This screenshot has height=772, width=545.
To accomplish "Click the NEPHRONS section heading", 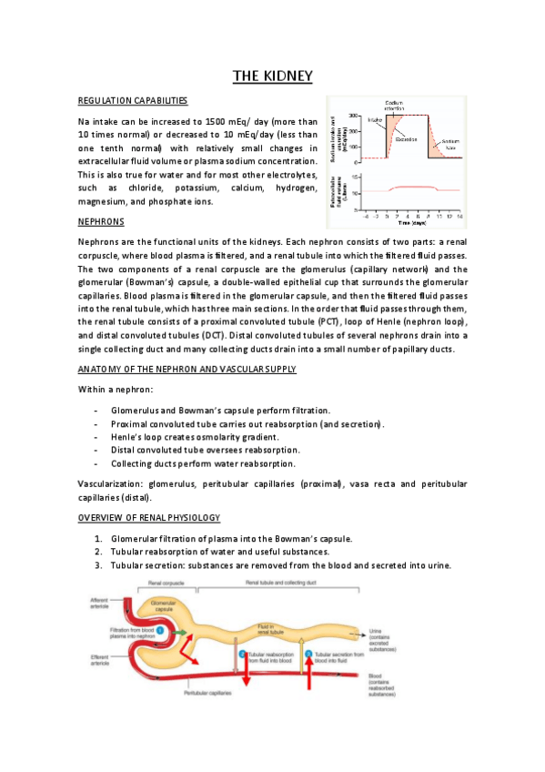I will click(101, 221).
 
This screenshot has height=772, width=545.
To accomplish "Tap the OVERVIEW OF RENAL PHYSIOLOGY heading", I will click(148, 518).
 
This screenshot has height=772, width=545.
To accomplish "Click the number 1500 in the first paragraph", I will click(216, 121).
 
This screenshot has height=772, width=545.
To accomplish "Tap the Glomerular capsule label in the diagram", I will click(162, 607).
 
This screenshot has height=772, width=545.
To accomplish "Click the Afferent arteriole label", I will click(99, 603).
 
